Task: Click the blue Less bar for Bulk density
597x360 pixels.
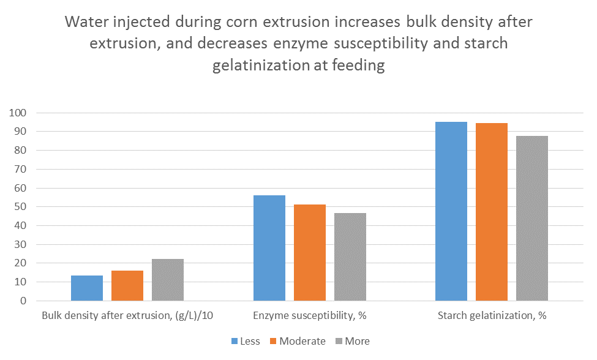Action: (x=87, y=288)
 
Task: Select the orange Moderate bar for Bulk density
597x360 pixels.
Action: (x=127, y=286)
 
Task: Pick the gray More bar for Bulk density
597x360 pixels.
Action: (x=168, y=280)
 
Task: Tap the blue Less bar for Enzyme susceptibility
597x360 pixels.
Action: (x=269, y=248)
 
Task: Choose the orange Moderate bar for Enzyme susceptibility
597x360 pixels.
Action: (x=310, y=253)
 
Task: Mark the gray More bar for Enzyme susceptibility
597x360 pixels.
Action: (x=350, y=257)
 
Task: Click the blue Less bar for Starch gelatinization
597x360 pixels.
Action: (x=451, y=211)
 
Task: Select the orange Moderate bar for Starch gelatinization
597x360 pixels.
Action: (x=492, y=212)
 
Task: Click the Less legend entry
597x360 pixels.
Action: (x=246, y=341)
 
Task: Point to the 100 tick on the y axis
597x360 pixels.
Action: (x=18, y=113)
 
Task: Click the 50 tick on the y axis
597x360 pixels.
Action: (x=21, y=207)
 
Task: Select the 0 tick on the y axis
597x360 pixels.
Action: (x=24, y=301)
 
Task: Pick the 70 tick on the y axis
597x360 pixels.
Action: (x=21, y=170)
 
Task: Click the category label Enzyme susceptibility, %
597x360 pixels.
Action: (x=310, y=317)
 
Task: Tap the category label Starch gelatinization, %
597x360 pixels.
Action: (x=492, y=317)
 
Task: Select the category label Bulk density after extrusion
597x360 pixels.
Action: (x=127, y=317)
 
